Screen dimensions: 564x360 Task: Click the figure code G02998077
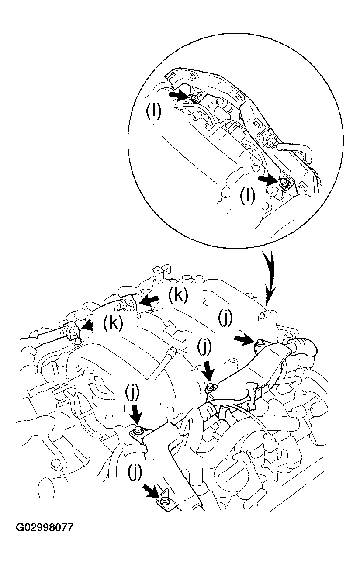(45, 528)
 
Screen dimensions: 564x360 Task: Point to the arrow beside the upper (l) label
(179, 94)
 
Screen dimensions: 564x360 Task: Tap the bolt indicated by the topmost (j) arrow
(259, 342)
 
